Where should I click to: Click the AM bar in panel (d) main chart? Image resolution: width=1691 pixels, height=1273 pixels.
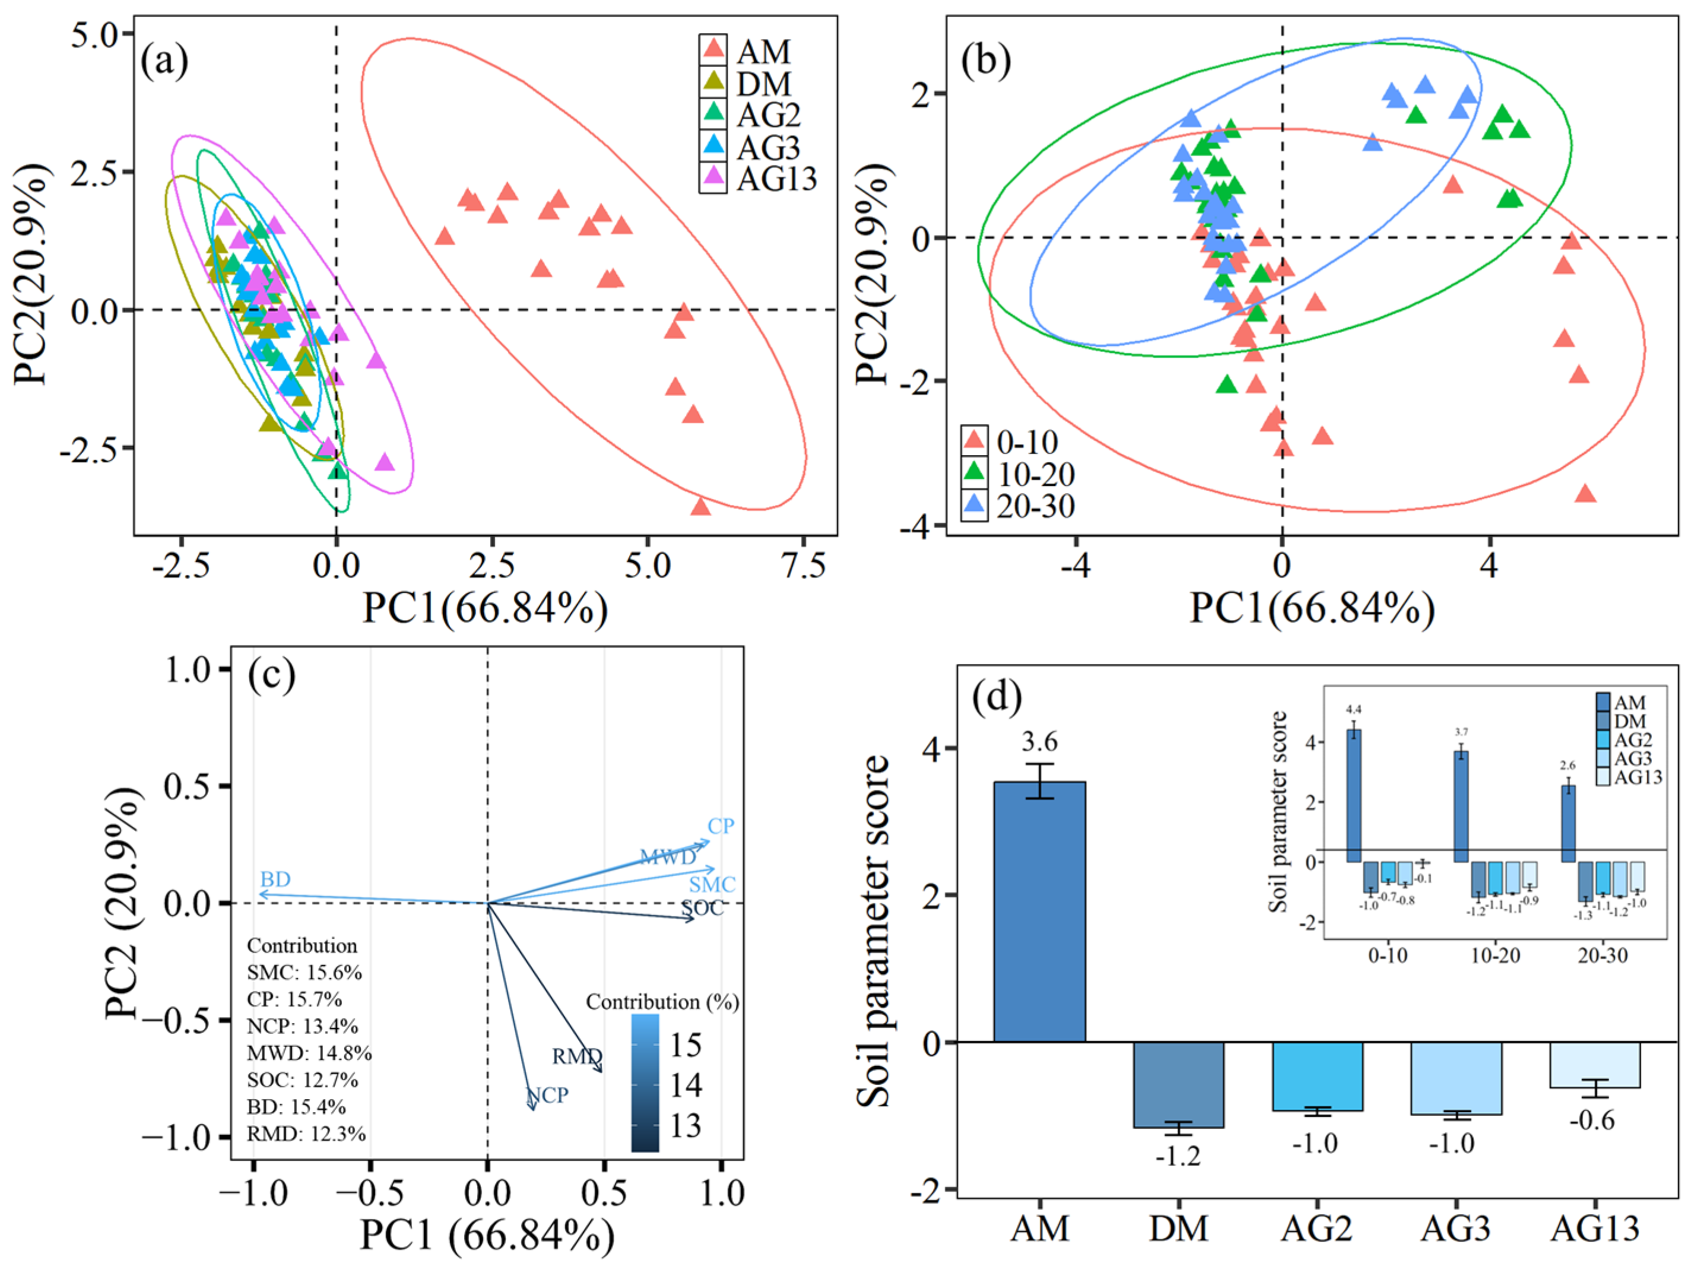(x=1039, y=910)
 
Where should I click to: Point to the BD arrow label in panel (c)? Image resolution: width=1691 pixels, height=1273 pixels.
(x=275, y=880)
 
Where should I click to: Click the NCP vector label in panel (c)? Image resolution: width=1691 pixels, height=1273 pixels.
(x=547, y=1095)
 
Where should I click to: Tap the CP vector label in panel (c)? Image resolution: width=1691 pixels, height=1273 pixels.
(x=720, y=826)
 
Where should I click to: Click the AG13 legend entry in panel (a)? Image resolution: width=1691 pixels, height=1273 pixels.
(x=776, y=179)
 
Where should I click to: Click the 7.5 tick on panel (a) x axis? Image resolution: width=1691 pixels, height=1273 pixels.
(x=802, y=567)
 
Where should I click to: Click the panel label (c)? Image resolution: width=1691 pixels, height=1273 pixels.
(x=271, y=675)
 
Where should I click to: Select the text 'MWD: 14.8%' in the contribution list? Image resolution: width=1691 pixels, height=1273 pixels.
(x=309, y=1053)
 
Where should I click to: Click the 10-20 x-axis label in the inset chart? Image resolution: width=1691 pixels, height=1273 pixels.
(x=1495, y=955)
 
